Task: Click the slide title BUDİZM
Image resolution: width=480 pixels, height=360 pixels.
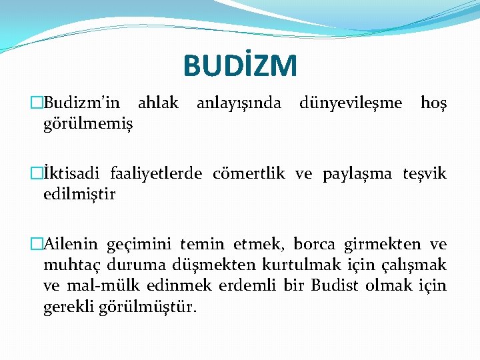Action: (x=240, y=65)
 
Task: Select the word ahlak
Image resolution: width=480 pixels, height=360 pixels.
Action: (x=158, y=103)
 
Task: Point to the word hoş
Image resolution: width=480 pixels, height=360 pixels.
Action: (x=435, y=103)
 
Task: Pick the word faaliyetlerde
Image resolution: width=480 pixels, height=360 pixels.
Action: (x=157, y=175)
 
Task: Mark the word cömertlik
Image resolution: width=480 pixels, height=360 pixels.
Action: (x=249, y=175)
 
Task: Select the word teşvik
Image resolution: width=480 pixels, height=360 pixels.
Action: (x=425, y=175)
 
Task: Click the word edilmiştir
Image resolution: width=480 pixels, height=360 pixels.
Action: (x=79, y=195)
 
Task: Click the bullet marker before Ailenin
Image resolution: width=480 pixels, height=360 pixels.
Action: (x=37, y=245)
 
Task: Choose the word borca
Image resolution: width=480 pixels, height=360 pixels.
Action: (x=311, y=245)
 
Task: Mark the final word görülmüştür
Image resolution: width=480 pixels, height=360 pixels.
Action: (x=149, y=307)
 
